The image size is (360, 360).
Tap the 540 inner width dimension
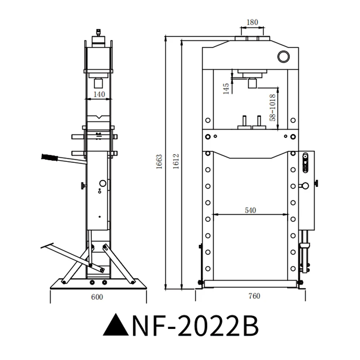(x=251, y=210)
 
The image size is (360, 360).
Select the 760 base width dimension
(x=254, y=297)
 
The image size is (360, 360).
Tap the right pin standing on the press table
(x=259, y=121)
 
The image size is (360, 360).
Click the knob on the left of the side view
(x=82, y=186)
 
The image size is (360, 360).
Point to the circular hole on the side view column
(x=102, y=184)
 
